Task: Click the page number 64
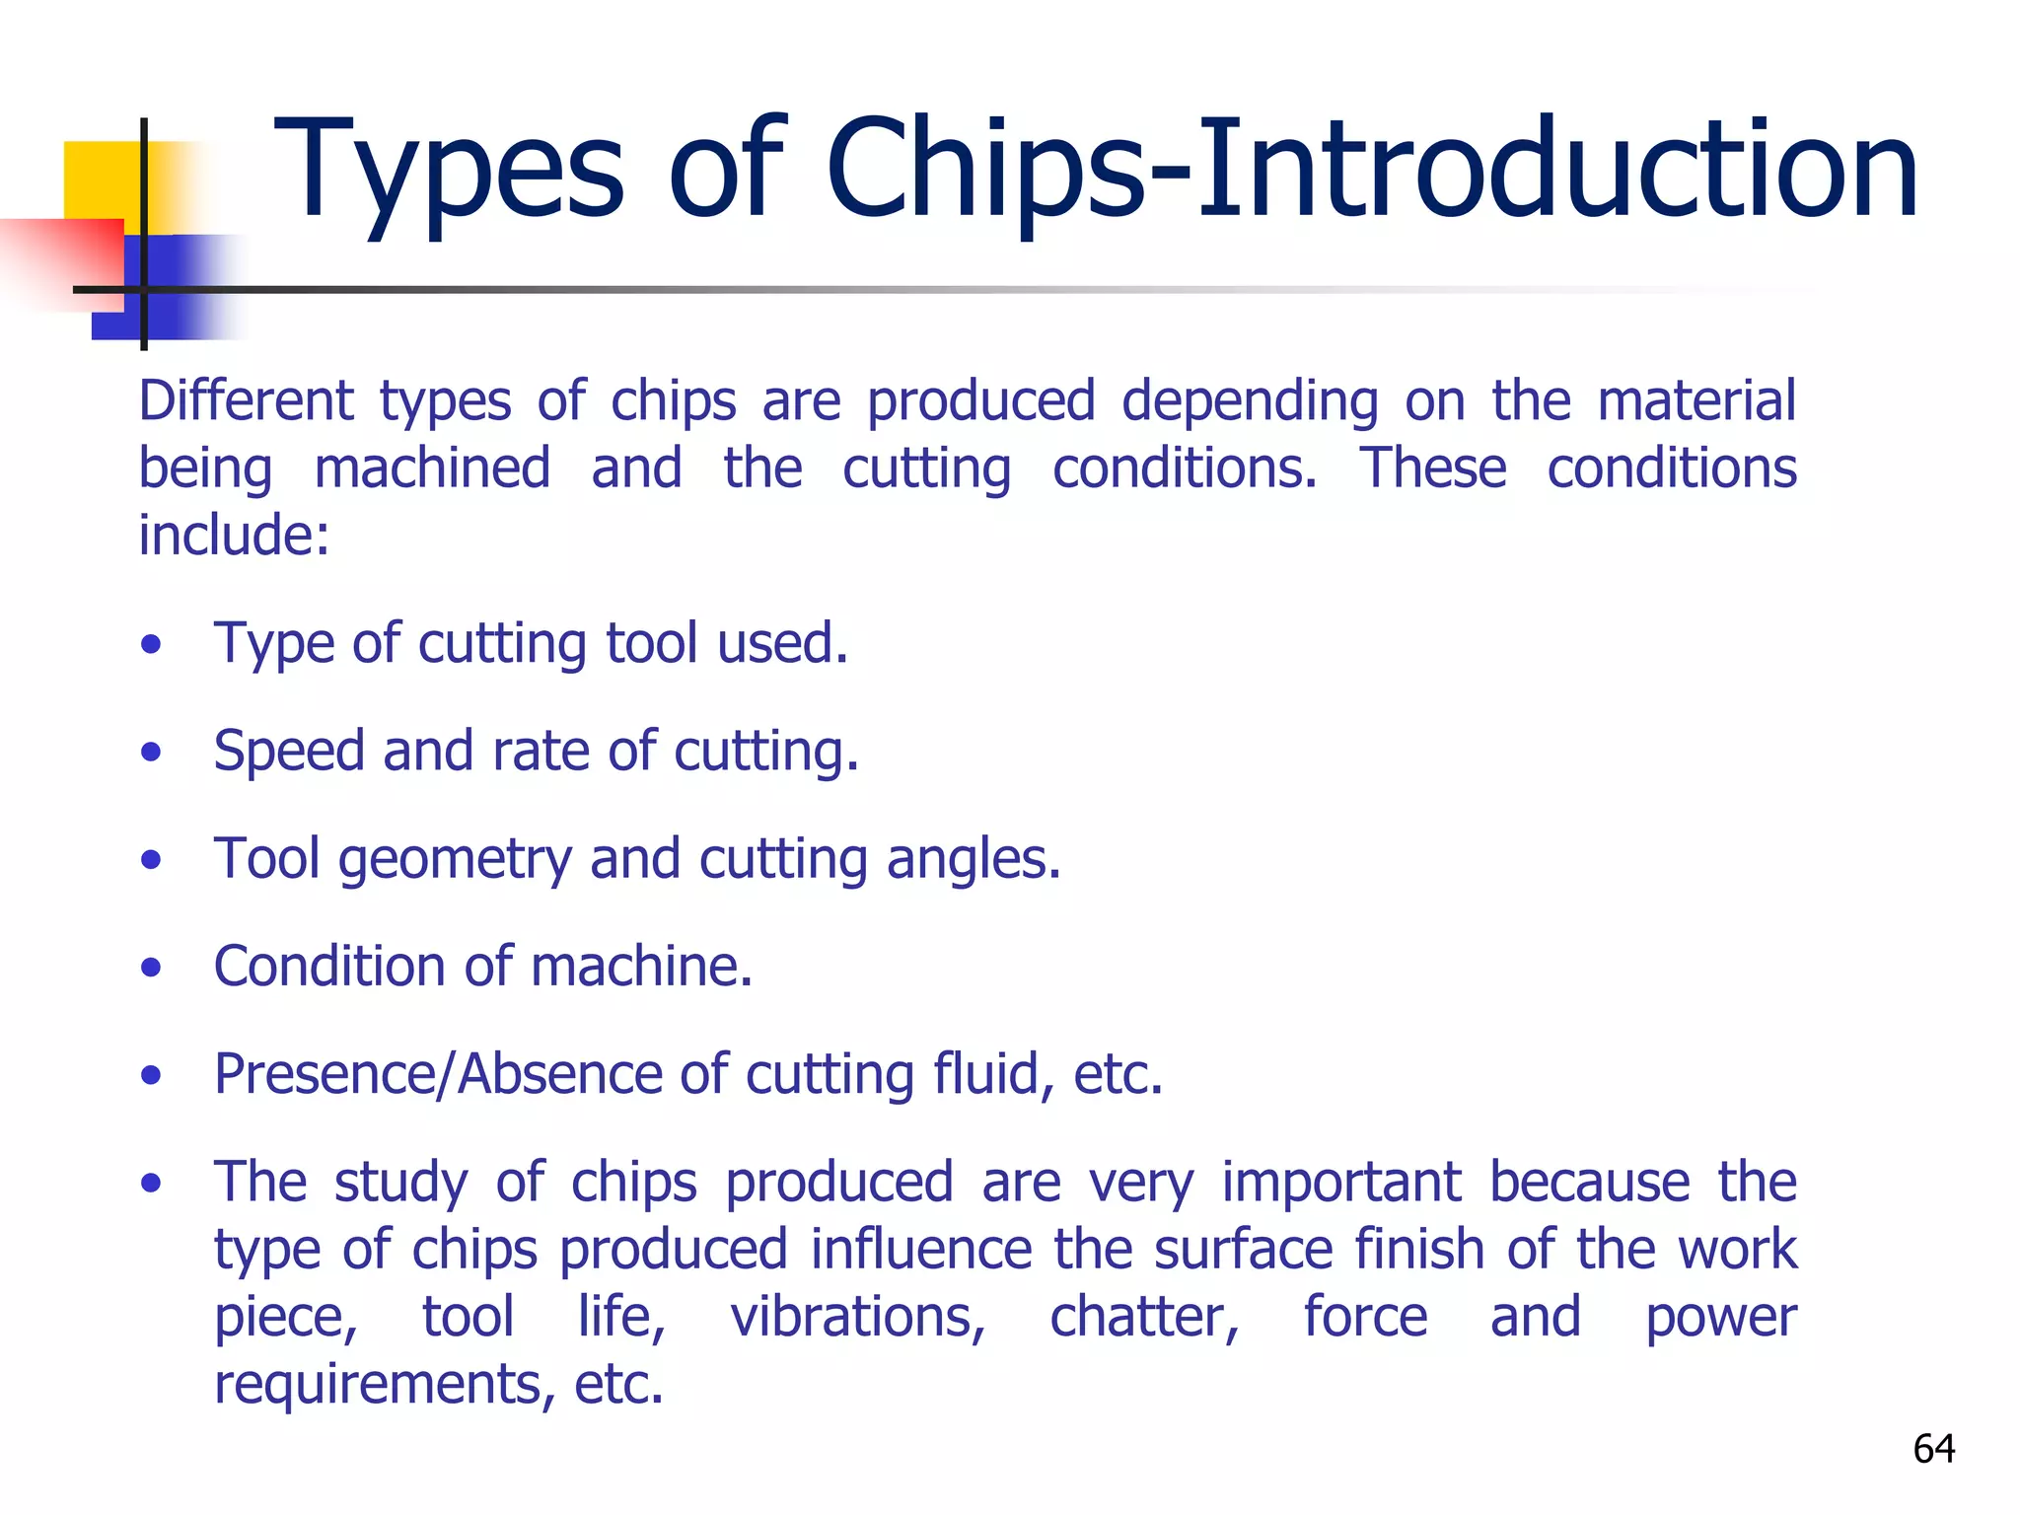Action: pyautogui.click(x=1933, y=1448)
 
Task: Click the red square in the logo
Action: pyautogui.click(x=69, y=261)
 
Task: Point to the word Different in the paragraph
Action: pyautogui.click(x=246, y=401)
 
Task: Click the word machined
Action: pyautogui.click(x=432, y=469)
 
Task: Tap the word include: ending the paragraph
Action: pyautogui.click(x=234, y=536)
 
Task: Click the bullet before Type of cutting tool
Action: pyautogui.click(x=150, y=646)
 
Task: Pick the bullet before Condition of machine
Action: pyautogui.click(x=150, y=968)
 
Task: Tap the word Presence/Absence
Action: pyautogui.click(x=437, y=1074)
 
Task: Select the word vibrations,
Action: pyautogui.click(x=857, y=1317)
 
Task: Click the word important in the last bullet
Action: pyautogui.click(x=1340, y=1182)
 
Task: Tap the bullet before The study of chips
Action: pyautogui.click(x=150, y=1183)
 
